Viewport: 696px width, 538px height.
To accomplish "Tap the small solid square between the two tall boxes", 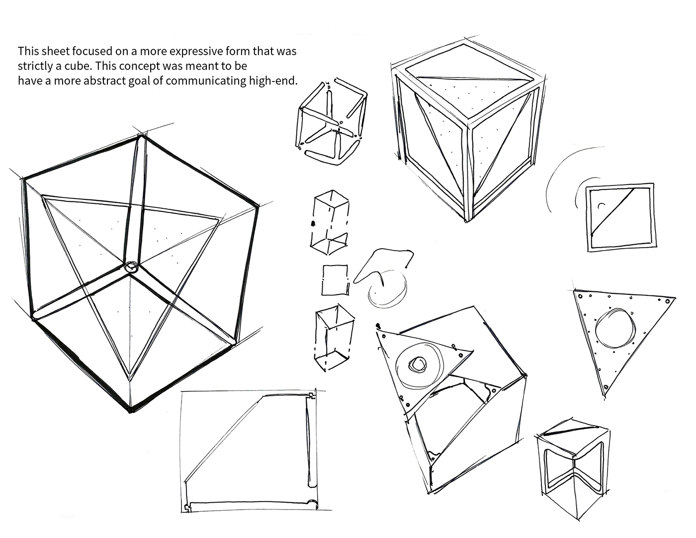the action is point(334,280).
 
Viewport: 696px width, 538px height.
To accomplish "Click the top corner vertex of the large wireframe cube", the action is point(143,135).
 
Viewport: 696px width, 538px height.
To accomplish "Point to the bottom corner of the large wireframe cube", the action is point(131,411).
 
